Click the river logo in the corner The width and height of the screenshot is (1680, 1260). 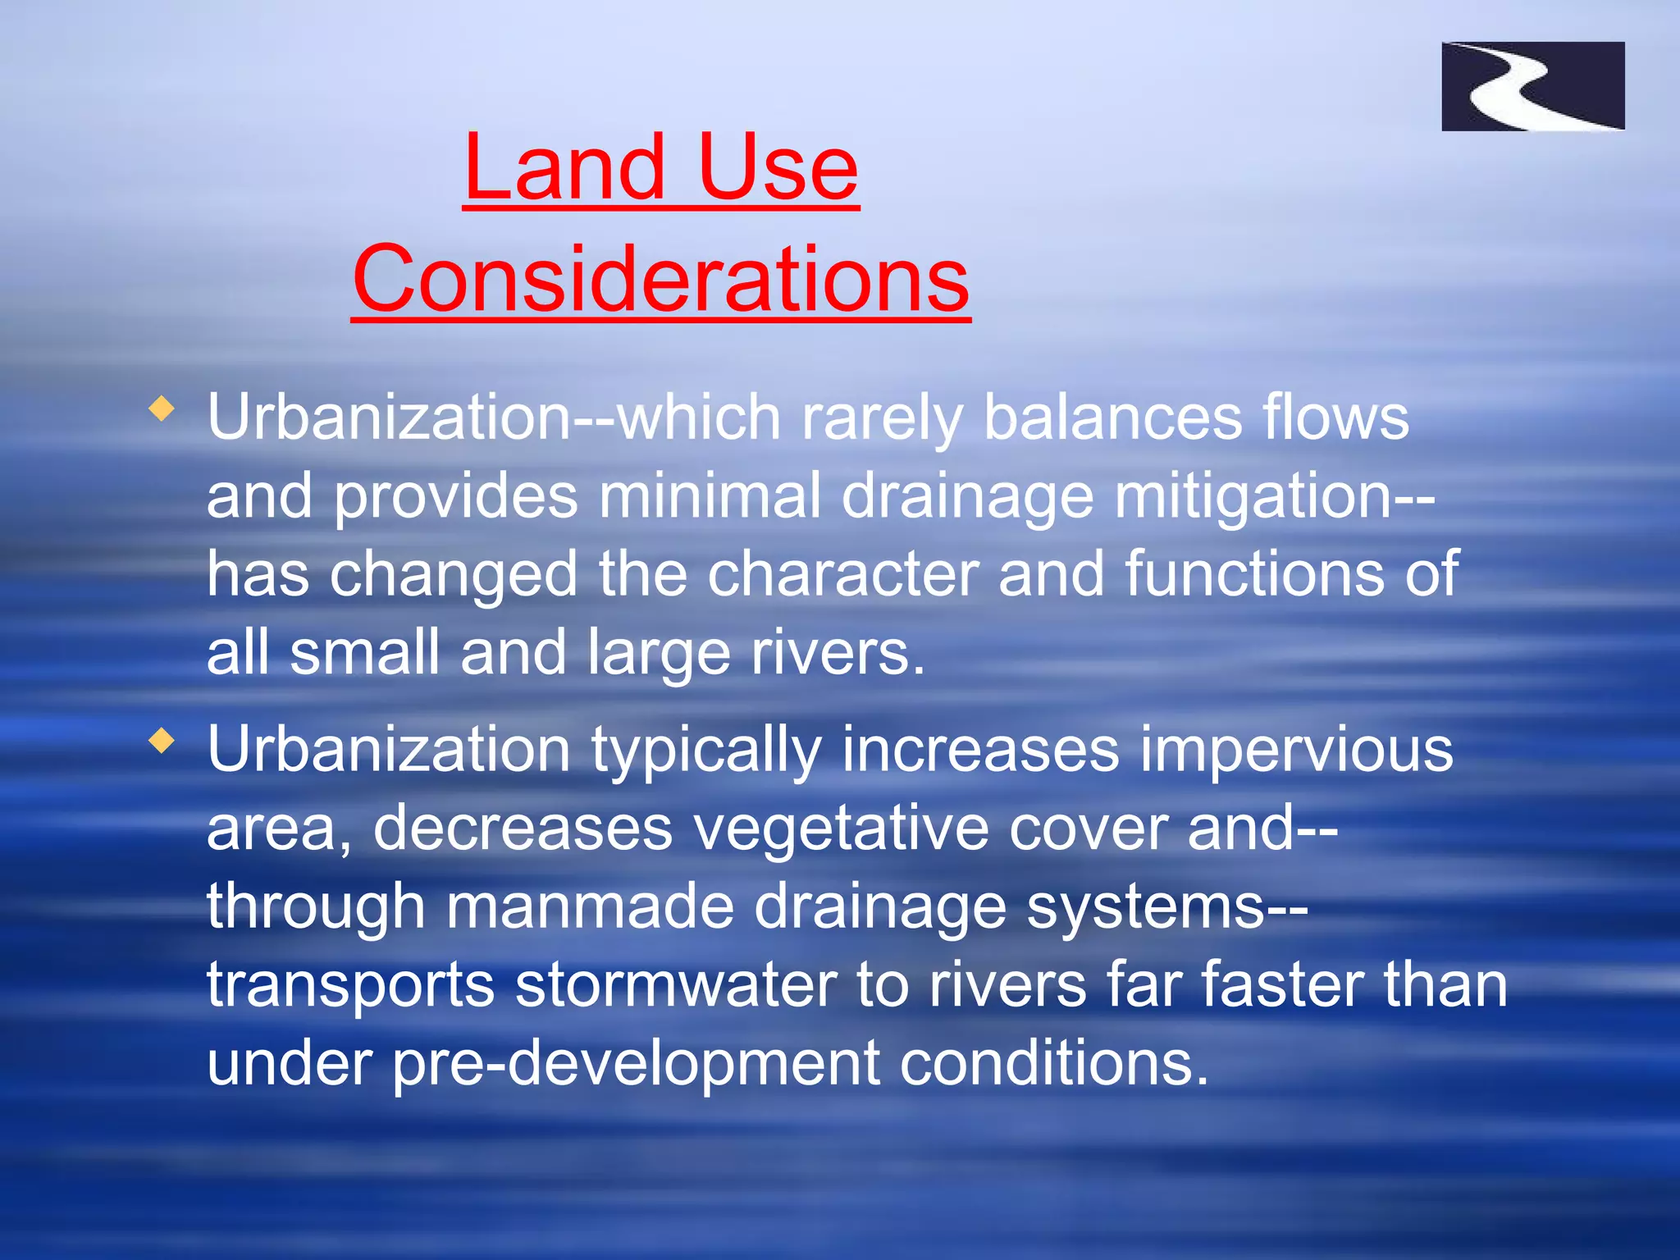[1532, 86]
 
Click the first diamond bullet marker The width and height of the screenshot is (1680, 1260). [162, 409]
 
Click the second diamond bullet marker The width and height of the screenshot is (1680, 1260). [162, 742]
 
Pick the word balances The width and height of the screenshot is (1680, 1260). [1112, 418]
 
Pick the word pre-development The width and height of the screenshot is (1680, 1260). [635, 1063]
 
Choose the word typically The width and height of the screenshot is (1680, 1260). [705, 751]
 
